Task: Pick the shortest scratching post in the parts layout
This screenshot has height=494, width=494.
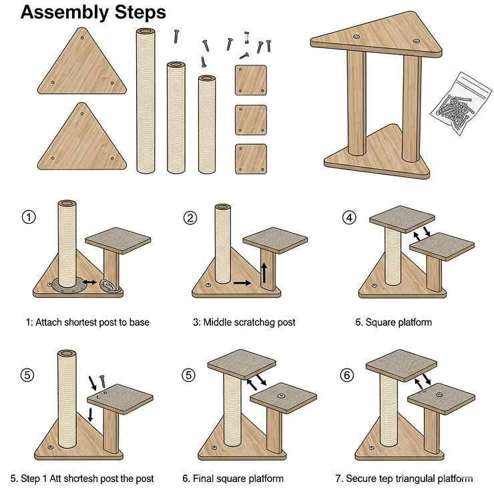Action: (207, 123)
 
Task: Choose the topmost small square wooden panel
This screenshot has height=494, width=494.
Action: (251, 80)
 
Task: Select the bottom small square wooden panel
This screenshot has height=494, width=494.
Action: (251, 160)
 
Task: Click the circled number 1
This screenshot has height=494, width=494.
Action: (27, 217)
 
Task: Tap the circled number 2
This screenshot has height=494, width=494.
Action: (191, 218)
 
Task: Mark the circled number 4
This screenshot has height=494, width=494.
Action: (348, 218)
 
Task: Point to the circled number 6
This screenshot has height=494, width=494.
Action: (346, 375)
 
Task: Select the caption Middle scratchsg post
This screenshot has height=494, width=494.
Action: (245, 322)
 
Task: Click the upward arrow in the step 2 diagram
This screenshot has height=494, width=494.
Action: (265, 273)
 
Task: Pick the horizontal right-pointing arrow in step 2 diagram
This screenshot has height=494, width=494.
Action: (242, 284)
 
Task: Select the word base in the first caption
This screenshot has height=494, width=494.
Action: (138, 322)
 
